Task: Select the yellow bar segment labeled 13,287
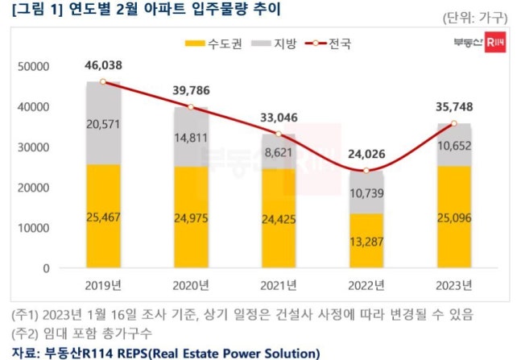click(x=367, y=241)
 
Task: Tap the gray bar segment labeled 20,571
click(x=103, y=122)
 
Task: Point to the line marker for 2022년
click(x=367, y=171)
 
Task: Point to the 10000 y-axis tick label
click(x=33, y=228)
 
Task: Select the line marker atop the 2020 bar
click(x=191, y=107)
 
